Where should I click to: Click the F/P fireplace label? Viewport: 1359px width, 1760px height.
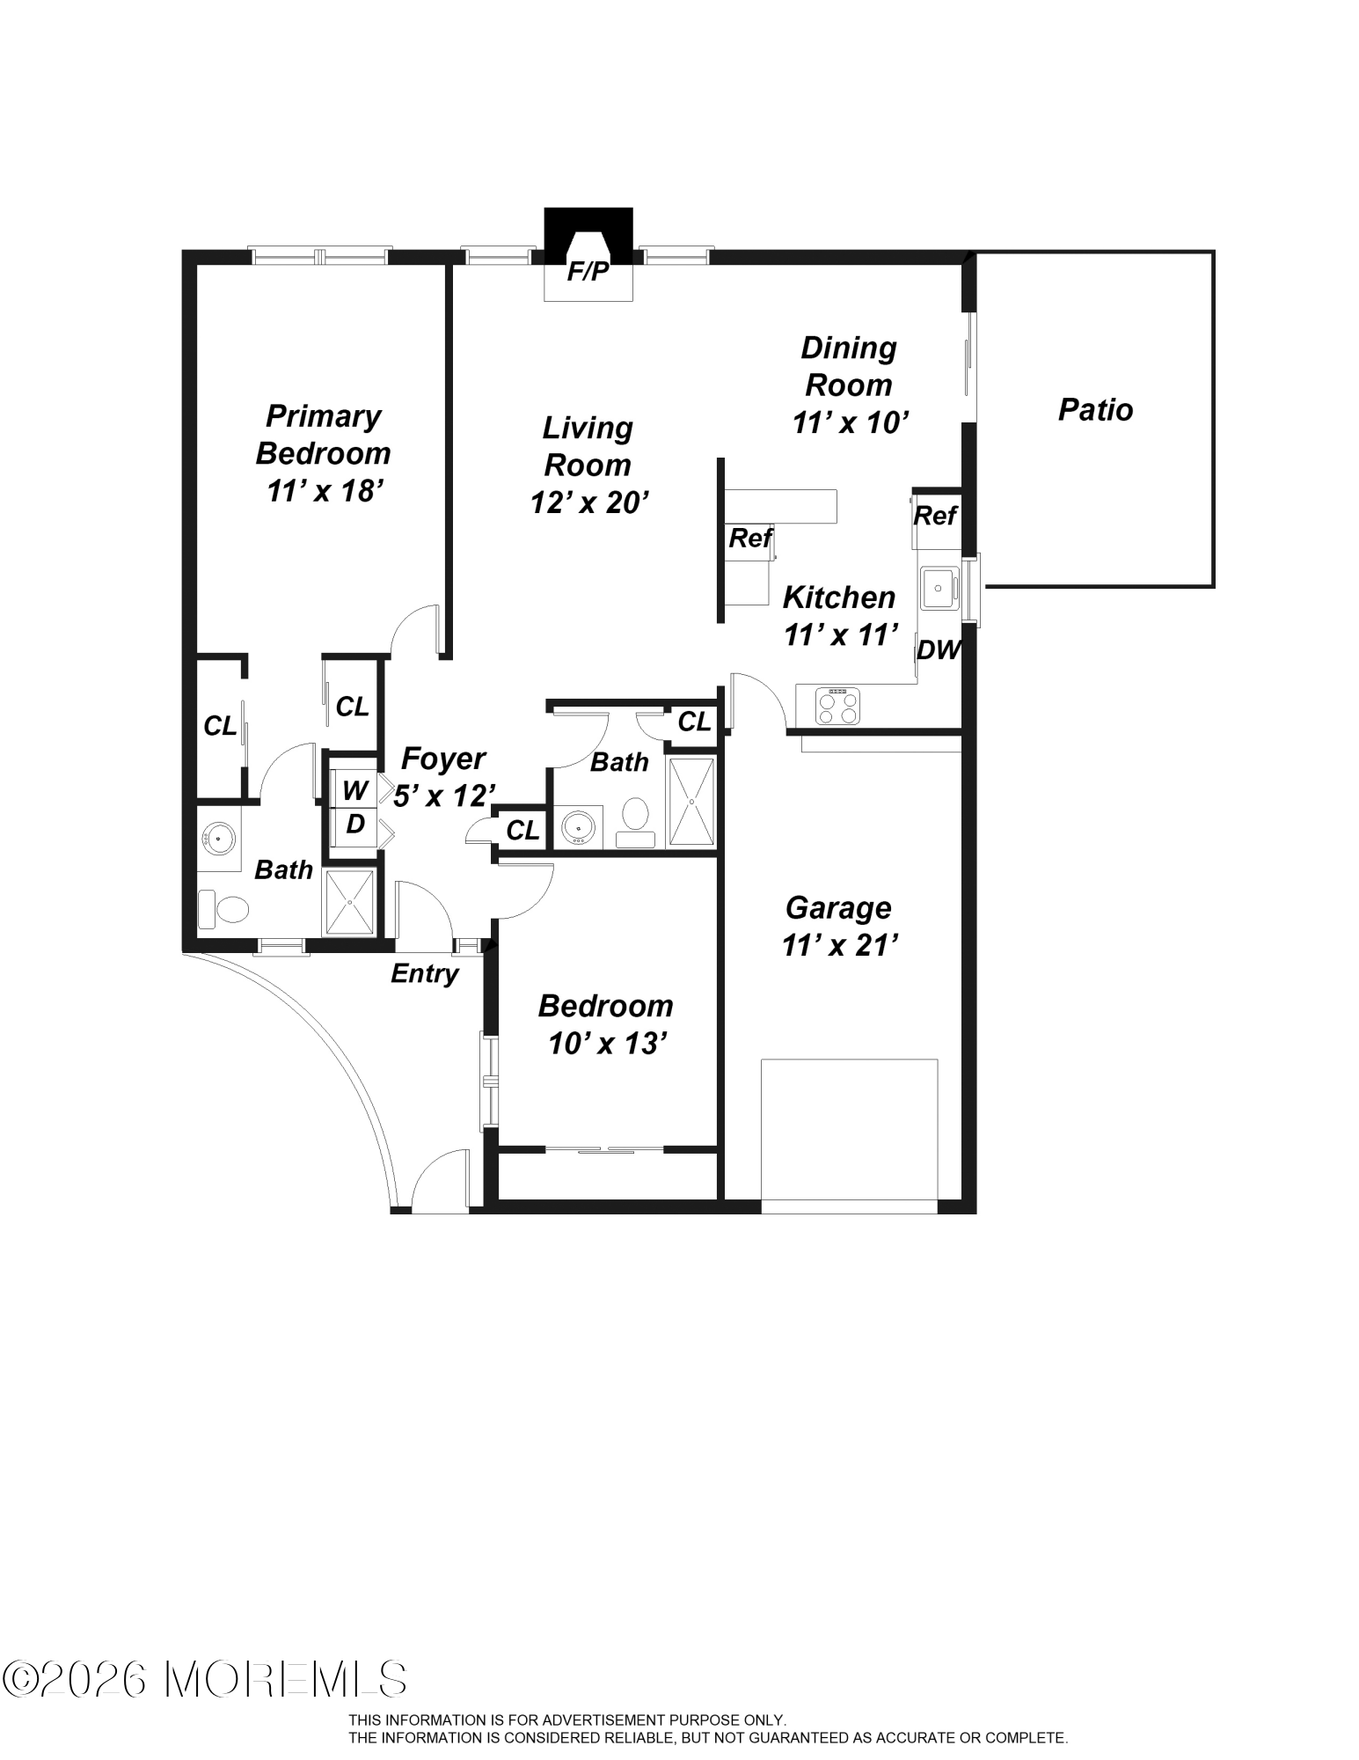[588, 272]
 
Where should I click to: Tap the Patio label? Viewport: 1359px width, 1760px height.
[1095, 409]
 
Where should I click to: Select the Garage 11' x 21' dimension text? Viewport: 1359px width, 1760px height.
[839, 945]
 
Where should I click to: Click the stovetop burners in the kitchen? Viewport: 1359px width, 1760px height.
[838, 706]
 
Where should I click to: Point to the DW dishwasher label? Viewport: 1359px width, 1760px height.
[938, 650]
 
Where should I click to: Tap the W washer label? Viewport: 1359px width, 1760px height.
[354, 790]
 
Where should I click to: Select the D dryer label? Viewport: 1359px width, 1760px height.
[355, 825]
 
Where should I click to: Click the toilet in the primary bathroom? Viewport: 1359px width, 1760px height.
[223, 909]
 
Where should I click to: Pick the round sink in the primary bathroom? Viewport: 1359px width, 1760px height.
[218, 839]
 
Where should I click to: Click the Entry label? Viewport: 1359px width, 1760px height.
[425, 973]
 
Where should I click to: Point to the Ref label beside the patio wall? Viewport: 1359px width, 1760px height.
[935, 515]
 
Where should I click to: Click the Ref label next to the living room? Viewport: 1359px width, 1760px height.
[750, 537]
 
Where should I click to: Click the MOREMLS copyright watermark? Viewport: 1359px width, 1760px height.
[205, 1679]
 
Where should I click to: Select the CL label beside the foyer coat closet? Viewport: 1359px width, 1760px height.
[522, 830]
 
